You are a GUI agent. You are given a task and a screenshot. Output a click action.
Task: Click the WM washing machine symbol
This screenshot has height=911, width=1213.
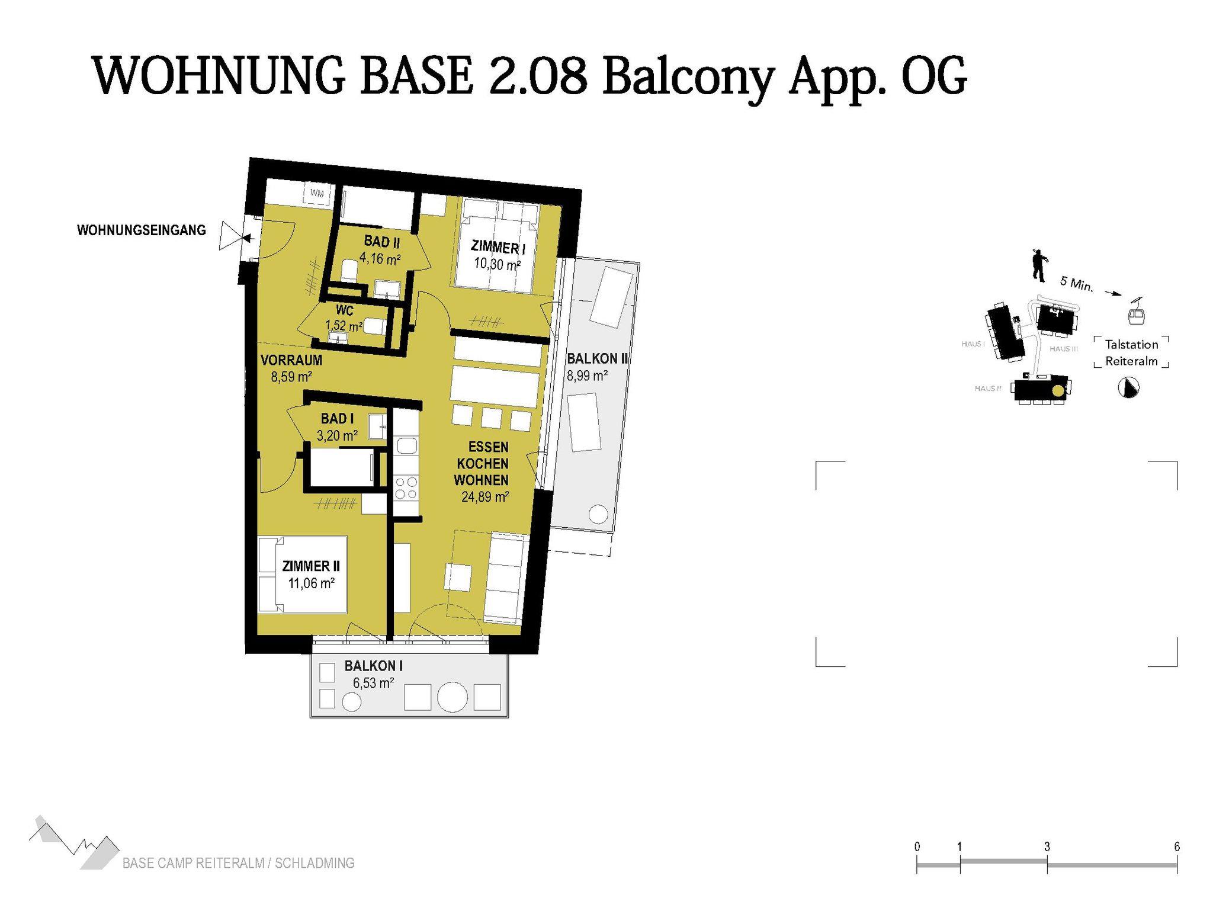click(x=317, y=194)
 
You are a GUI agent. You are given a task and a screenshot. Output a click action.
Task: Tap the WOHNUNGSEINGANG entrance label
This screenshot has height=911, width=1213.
click(x=142, y=230)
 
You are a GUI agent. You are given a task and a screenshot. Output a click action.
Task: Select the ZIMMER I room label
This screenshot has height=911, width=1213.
click(x=498, y=246)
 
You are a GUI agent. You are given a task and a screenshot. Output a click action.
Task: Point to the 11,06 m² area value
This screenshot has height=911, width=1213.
click(x=312, y=583)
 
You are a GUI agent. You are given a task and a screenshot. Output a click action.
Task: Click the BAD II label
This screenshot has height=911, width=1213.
click(x=381, y=242)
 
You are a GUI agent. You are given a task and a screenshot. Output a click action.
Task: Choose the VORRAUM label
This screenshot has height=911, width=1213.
click(x=291, y=360)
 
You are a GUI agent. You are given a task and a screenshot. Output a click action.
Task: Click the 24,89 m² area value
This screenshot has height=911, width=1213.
click(x=485, y=497)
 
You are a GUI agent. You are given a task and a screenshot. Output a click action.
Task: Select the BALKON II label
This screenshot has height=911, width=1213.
click(x=597, y=358)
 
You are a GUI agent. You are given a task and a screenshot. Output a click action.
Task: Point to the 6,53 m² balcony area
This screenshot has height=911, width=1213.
click(x=374, y=683)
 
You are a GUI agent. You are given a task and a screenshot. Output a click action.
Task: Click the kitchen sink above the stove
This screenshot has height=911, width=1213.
click(x=407, y=445)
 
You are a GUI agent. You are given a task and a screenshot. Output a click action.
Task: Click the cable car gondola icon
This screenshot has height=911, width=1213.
click(x=1136, y=312)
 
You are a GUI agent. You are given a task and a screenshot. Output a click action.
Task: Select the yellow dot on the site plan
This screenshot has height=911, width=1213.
click(x=1058, y=390)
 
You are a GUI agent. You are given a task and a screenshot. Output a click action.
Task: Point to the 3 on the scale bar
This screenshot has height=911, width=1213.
click(x=1047, y=847)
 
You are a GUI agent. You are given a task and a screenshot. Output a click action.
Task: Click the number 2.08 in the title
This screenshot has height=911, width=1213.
click(x=537, y=75)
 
